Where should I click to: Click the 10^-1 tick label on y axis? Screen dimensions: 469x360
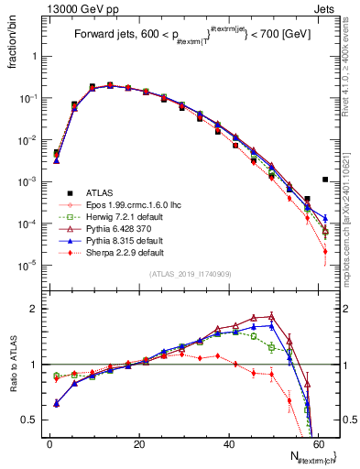click(x=32, y=98)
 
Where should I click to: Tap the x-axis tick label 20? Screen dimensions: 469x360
click(x=138, y=444)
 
